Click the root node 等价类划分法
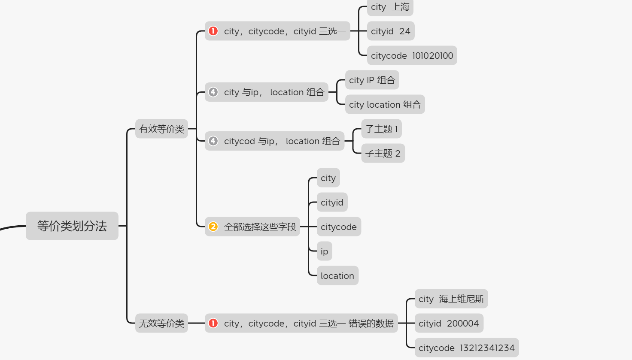tap(72, 226)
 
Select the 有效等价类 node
tap(161, 129)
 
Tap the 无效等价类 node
tap(161, 323)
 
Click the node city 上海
tap(390, 7)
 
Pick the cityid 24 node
tap(391, 31)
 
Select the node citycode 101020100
tap(412, 56)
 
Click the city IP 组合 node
tap(372, 80)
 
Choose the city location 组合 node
tap(385, 105)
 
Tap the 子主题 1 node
tap(381, 129)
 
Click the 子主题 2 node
tap(383, 153)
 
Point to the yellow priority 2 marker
tap(213, 227)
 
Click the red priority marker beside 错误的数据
tap(213, 323)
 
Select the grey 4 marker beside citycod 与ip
tap(213, 141)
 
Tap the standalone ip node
tap(324, 251)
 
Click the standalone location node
tap(337, 276)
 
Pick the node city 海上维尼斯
tap(451, 299)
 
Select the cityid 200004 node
tap(449, 324)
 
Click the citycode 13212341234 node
tap(466, 348)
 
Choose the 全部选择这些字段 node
tap(260, 227)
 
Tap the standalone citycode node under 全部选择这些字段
tap(339, 227)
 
